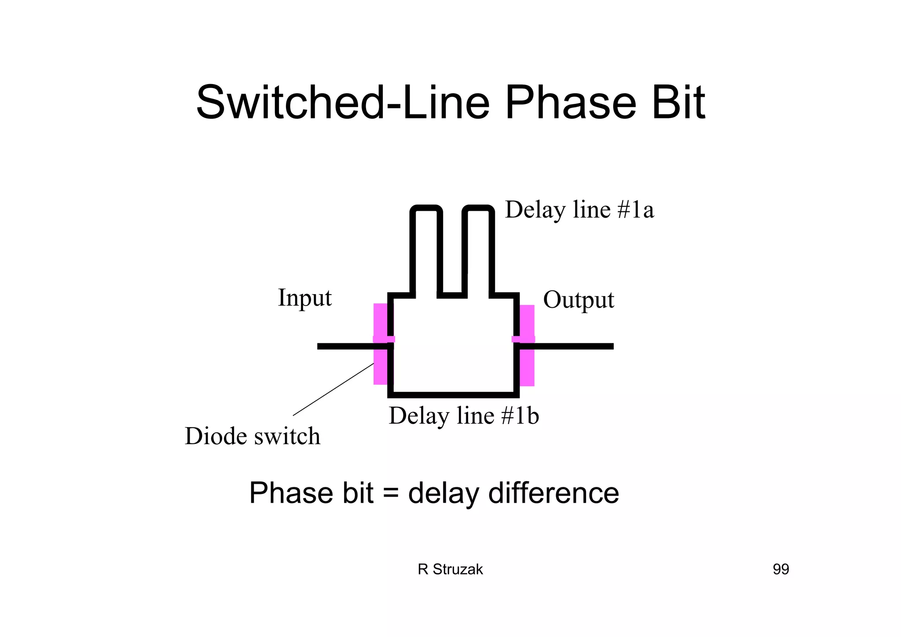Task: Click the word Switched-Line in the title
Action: click(x=342, y=103)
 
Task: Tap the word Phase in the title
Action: click(x=571, y=103)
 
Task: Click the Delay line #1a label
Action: click(x=579, y=210)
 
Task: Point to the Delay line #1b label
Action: click(x=464, y=416)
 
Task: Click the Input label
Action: click(x=304, y=298)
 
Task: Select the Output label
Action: click(x=578, y=300)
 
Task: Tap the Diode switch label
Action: click(x=253, y=436)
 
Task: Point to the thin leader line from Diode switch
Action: click(x=333, y=390)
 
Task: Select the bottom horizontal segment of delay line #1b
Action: click(x=453, y=394)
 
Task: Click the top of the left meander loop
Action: click(x=426, y=208)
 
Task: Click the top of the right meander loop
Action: click(x=478, y=208)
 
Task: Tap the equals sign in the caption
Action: click(x=391, y=493)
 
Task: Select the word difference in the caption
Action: click(x=553, y=493)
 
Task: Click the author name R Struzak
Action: click(x=450, y=569)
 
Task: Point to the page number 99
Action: click(x=780, y=569)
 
